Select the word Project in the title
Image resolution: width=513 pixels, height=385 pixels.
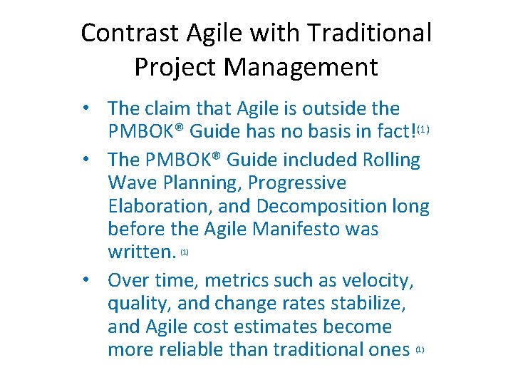(175, 67)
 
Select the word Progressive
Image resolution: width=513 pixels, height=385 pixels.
(296, 183)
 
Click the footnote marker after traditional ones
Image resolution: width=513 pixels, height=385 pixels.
(420, 350)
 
